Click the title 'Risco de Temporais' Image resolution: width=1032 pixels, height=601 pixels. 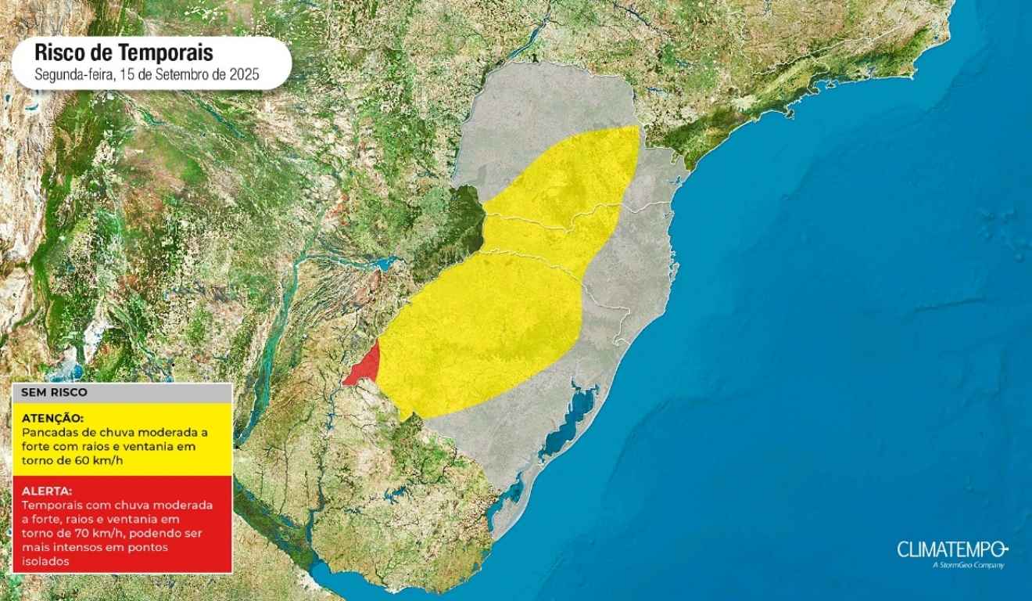point(124,53)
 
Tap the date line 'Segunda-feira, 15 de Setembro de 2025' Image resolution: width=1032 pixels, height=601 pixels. point(146,76)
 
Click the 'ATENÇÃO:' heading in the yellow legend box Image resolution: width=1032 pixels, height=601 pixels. point(53,418)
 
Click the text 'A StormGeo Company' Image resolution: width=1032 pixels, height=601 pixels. point(969,565)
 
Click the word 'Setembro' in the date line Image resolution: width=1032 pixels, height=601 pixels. point(181,76)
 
